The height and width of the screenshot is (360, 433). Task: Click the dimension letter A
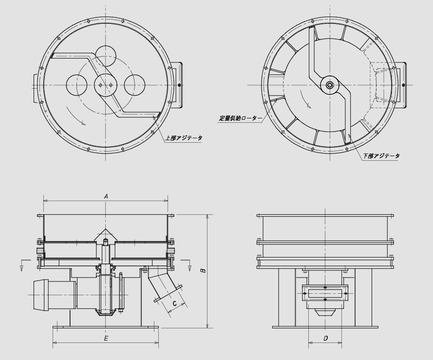106,196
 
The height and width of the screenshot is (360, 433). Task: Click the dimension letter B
203,270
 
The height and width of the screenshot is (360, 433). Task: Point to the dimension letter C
174,303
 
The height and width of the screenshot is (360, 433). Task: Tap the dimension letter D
325,338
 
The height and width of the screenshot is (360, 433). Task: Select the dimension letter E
106,338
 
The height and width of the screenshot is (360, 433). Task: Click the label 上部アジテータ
184,138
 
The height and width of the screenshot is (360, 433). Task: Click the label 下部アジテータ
381,156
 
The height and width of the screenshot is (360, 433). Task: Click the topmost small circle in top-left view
106,56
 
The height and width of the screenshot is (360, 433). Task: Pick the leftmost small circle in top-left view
77,85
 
